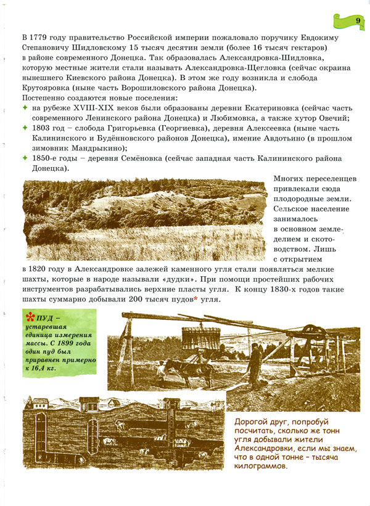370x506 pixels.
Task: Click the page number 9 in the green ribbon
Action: pos(358,21)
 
